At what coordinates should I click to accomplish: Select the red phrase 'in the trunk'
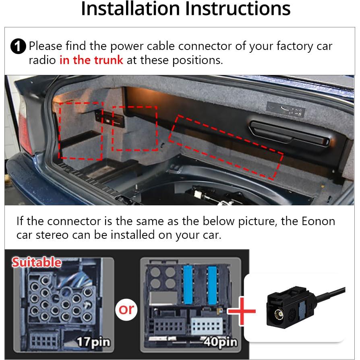pos(91,60)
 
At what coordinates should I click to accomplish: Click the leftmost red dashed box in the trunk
pos(80,130)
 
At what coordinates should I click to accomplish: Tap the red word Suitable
pos(36,262)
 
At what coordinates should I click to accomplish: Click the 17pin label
pos(93,342)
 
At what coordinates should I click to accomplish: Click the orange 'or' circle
pos(126,309)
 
